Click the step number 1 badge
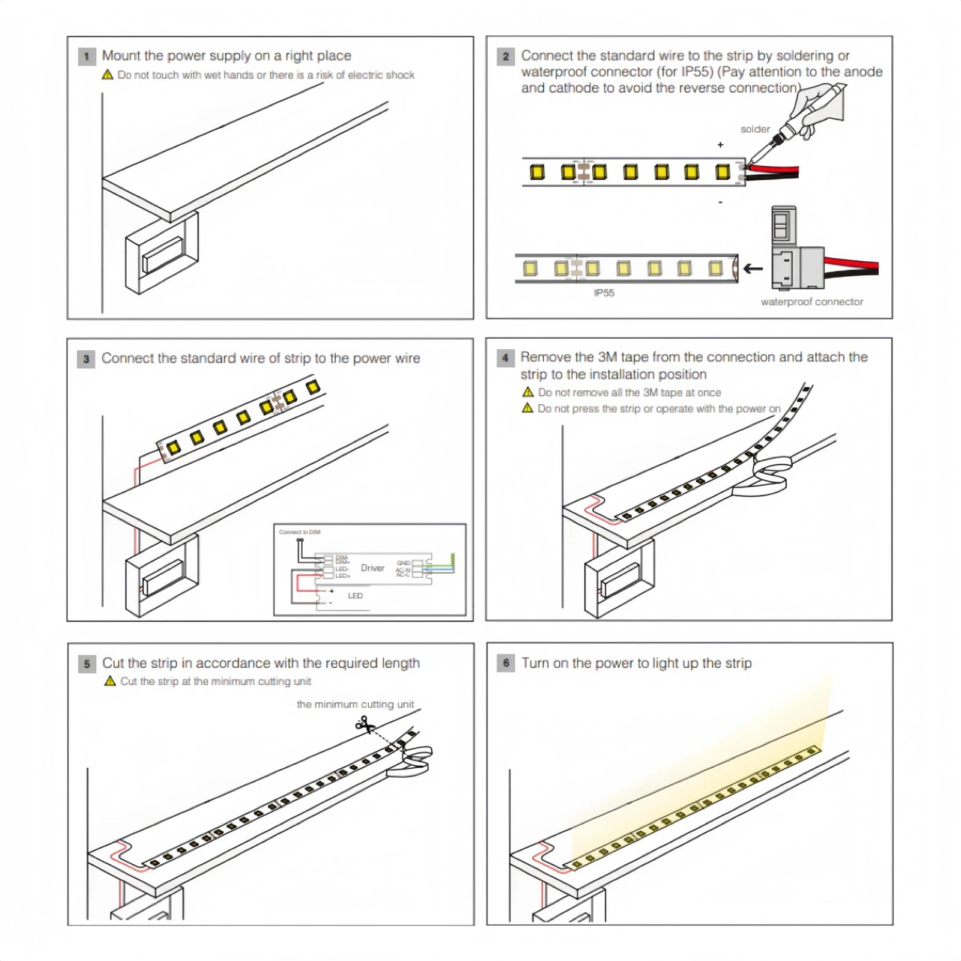click(x=86, y=56)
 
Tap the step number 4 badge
click(x=505, y=358)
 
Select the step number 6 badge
click(x=506, y=663)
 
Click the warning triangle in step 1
click(x=108, y=75)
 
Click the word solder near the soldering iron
click(x=754, y=129)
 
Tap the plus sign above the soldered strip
click(x=720, y=145)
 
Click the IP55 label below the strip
click(x=604, y=293)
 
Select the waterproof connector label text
click(x=811, y=302)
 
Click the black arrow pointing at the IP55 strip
click(x=753, y=268)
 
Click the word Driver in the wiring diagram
click(x=372, y=568)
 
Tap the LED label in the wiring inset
click(x=355, y=596)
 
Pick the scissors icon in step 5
click(x=363, y=725)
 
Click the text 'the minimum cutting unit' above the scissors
click(x=355, y=704)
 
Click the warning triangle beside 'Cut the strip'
click(x=110, y=681)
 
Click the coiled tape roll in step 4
click(x=770, y=474)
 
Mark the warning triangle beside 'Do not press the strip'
click(x=527, y=408)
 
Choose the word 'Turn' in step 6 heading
click(x=535, y=663)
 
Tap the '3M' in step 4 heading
click(x=607, y=357)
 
